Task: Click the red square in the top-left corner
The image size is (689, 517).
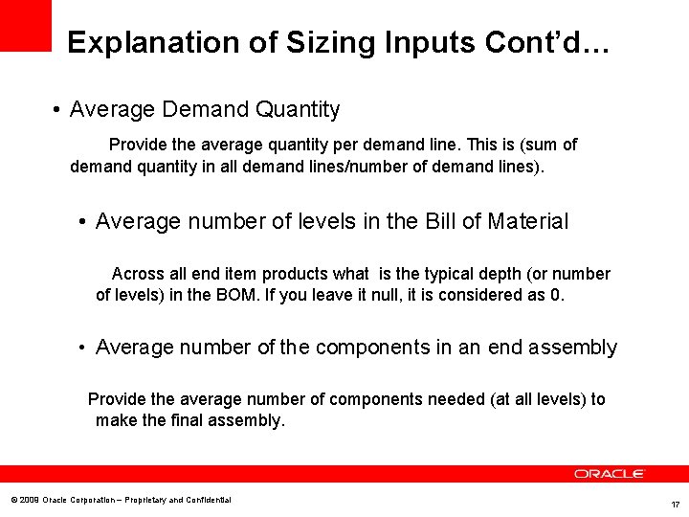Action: pos(25,25)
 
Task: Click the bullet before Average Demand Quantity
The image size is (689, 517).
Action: pos(58,111)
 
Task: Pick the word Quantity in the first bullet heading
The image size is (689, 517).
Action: pos(298,110)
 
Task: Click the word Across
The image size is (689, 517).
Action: pos(138,274)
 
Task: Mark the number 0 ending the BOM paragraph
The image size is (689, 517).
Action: pos(556,295)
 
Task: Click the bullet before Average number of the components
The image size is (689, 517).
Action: pos(84,348)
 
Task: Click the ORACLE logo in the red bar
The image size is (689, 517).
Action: pos(610,474)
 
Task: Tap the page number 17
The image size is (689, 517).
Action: pos(675,504)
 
